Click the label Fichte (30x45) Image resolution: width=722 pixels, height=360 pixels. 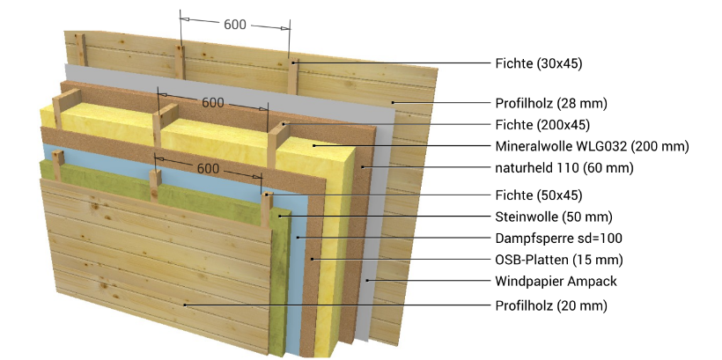[x=539, y=63]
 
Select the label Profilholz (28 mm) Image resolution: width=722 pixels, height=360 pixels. [x=551, y=103]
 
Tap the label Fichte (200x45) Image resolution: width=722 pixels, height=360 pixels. [x=542, y=125]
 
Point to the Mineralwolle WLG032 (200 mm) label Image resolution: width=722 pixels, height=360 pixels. [x=593, y=146]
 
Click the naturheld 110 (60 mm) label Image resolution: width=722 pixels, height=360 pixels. [x=564, y=168]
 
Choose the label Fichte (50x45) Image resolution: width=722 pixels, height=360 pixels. [x=539, y=195]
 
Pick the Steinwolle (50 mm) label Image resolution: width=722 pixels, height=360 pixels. [x=554, y=217]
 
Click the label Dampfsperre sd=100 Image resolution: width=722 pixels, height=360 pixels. [x=558, y=238]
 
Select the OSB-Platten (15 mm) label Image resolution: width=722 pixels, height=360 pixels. [x=559, y=260]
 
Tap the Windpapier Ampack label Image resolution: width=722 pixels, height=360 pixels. [x=556, y=281]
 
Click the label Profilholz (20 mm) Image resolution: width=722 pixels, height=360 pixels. [x=551, y=305]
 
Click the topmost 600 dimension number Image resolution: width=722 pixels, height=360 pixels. [x=235, y=25]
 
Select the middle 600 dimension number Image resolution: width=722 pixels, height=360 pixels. [x=213, y=103]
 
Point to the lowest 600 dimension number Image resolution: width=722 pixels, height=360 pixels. [x=208, y=169]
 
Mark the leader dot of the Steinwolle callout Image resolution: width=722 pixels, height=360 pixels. [x=279, y=216]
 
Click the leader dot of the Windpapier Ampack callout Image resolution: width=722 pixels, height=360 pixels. [x=367, y=281]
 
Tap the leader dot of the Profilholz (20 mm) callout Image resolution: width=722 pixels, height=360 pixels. [x=185, y=305]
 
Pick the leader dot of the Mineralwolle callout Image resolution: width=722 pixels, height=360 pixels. [x=313, y=146]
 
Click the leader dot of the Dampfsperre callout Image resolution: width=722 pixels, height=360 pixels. [x=298, y=238]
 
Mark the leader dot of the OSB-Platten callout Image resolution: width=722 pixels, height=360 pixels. [x=313, y=259]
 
